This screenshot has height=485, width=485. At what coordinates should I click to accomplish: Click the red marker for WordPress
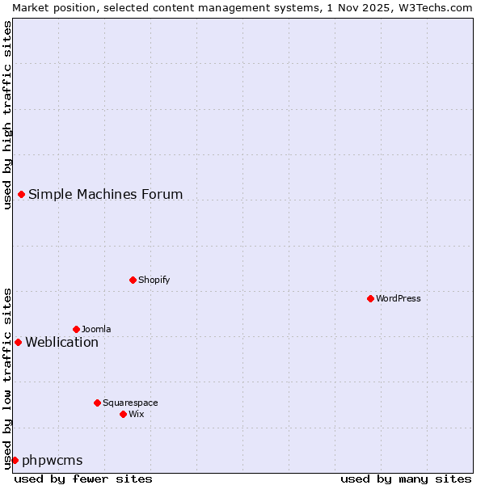coord(370,298)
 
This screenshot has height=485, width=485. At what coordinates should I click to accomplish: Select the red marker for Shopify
coord(133,280)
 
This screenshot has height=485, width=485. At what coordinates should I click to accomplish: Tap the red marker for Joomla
coord(76,329)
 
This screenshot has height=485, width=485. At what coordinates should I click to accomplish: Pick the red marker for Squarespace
coord(97,403)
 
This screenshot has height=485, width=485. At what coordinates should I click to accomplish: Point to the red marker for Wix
coord(123,414)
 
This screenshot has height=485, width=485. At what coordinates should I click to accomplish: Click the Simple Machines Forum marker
coord(21,194)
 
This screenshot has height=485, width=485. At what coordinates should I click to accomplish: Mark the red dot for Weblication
coord(18,342)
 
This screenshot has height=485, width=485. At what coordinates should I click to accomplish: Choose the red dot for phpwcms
coord(15,460)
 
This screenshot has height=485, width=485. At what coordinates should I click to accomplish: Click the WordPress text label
coord(399,298)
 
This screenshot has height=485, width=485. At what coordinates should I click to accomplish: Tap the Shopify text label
coord(154,280)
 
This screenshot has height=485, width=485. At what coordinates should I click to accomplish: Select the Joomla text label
coord(96,329)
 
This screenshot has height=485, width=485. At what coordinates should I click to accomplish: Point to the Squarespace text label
coord(130,403)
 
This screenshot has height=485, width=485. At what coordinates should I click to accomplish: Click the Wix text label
coord(136,414)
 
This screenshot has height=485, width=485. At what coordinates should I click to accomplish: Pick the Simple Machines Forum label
coord(105,194)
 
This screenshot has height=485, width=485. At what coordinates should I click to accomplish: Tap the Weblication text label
coord(61,342)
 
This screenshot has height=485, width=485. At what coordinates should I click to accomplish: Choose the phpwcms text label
coord(52,460)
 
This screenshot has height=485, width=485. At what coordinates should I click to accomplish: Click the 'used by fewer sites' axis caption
coord(83,479)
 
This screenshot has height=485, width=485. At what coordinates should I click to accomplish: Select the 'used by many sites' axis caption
coord(406,479)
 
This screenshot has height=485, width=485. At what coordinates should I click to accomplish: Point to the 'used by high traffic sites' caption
coord(7,115)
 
